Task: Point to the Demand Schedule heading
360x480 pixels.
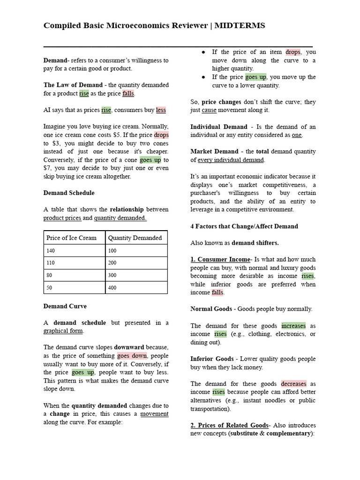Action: click(69, 193)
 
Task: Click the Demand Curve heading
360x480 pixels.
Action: click(65, 306)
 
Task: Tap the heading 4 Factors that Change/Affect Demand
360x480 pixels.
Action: click(244, 226)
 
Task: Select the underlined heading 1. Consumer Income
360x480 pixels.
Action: click(220, 259)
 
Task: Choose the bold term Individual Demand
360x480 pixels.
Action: click(218, 127)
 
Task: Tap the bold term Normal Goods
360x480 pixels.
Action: click(211, 309)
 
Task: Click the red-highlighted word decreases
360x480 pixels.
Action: click(293, 383)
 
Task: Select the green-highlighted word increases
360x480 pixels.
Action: click(293, 326)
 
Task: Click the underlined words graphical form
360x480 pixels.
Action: click(63, 331)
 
